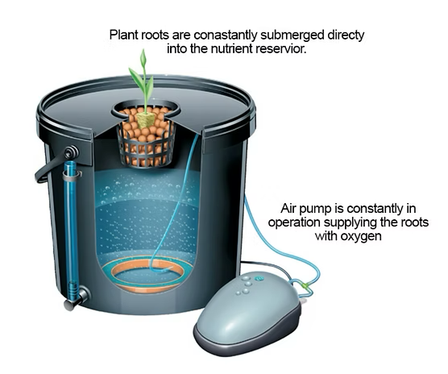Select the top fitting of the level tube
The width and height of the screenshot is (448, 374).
(x=68, y=153)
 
